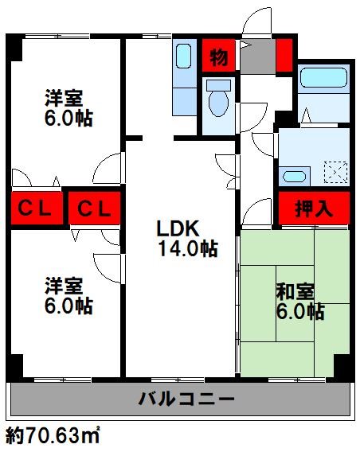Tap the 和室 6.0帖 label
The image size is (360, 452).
click(x=299, y=302)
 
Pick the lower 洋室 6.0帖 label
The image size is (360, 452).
click(x=67, y=295)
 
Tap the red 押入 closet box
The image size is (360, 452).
click(x=314, y=209)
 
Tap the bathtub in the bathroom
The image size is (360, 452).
click(x=322, y=80)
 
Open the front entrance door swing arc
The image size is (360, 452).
click(x=261, y=24)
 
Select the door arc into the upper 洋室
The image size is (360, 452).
click(x=107, y=169)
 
